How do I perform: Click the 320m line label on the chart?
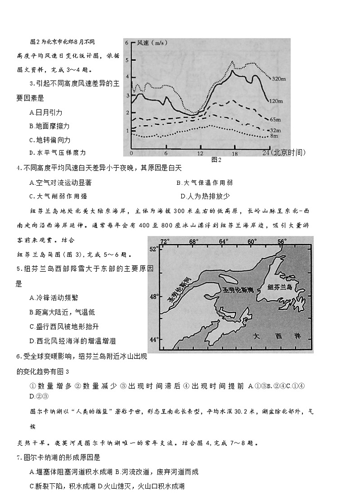[x=278, y=79]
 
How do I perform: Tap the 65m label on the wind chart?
[x=275, y=119]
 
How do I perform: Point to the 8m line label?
[x=274, y=135]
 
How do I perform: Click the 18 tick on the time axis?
[x=234, y=153]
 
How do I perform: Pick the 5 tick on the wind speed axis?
[x=127, y=60]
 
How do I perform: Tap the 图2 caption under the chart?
[x=216, y=160]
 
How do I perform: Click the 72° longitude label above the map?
[x=165, y=241]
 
